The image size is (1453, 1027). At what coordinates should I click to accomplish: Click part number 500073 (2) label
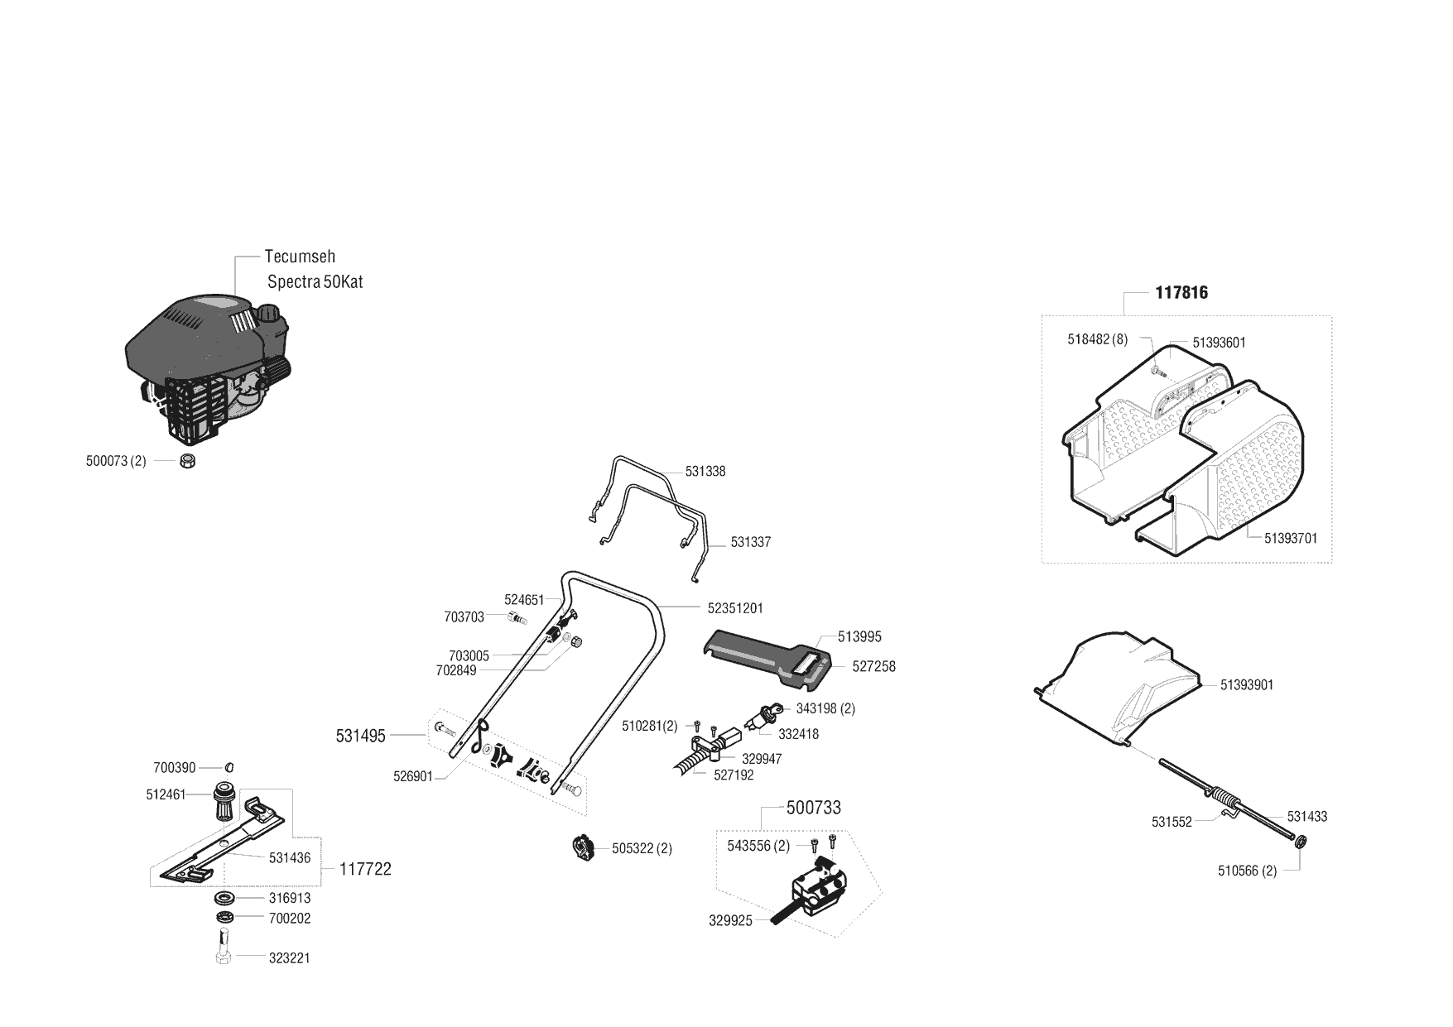pos(116,461)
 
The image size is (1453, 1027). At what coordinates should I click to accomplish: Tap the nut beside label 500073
pos(187,461)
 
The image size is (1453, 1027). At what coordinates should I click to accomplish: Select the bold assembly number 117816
pos(1181,293)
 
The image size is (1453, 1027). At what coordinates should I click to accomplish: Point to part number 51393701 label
pos(1291,538)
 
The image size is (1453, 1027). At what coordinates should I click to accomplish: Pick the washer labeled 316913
pos(224,898)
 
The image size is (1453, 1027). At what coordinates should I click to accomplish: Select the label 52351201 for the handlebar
pos(735,607)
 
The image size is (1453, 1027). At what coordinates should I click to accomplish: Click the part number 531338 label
pos(705,472)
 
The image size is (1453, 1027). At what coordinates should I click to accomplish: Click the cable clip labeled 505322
pos(585,848)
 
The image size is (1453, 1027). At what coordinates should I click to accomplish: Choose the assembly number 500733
pos(813,808)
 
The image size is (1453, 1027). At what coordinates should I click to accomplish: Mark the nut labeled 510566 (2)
pos(1300,842)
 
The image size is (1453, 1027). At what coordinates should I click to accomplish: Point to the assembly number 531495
pos(361,736)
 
